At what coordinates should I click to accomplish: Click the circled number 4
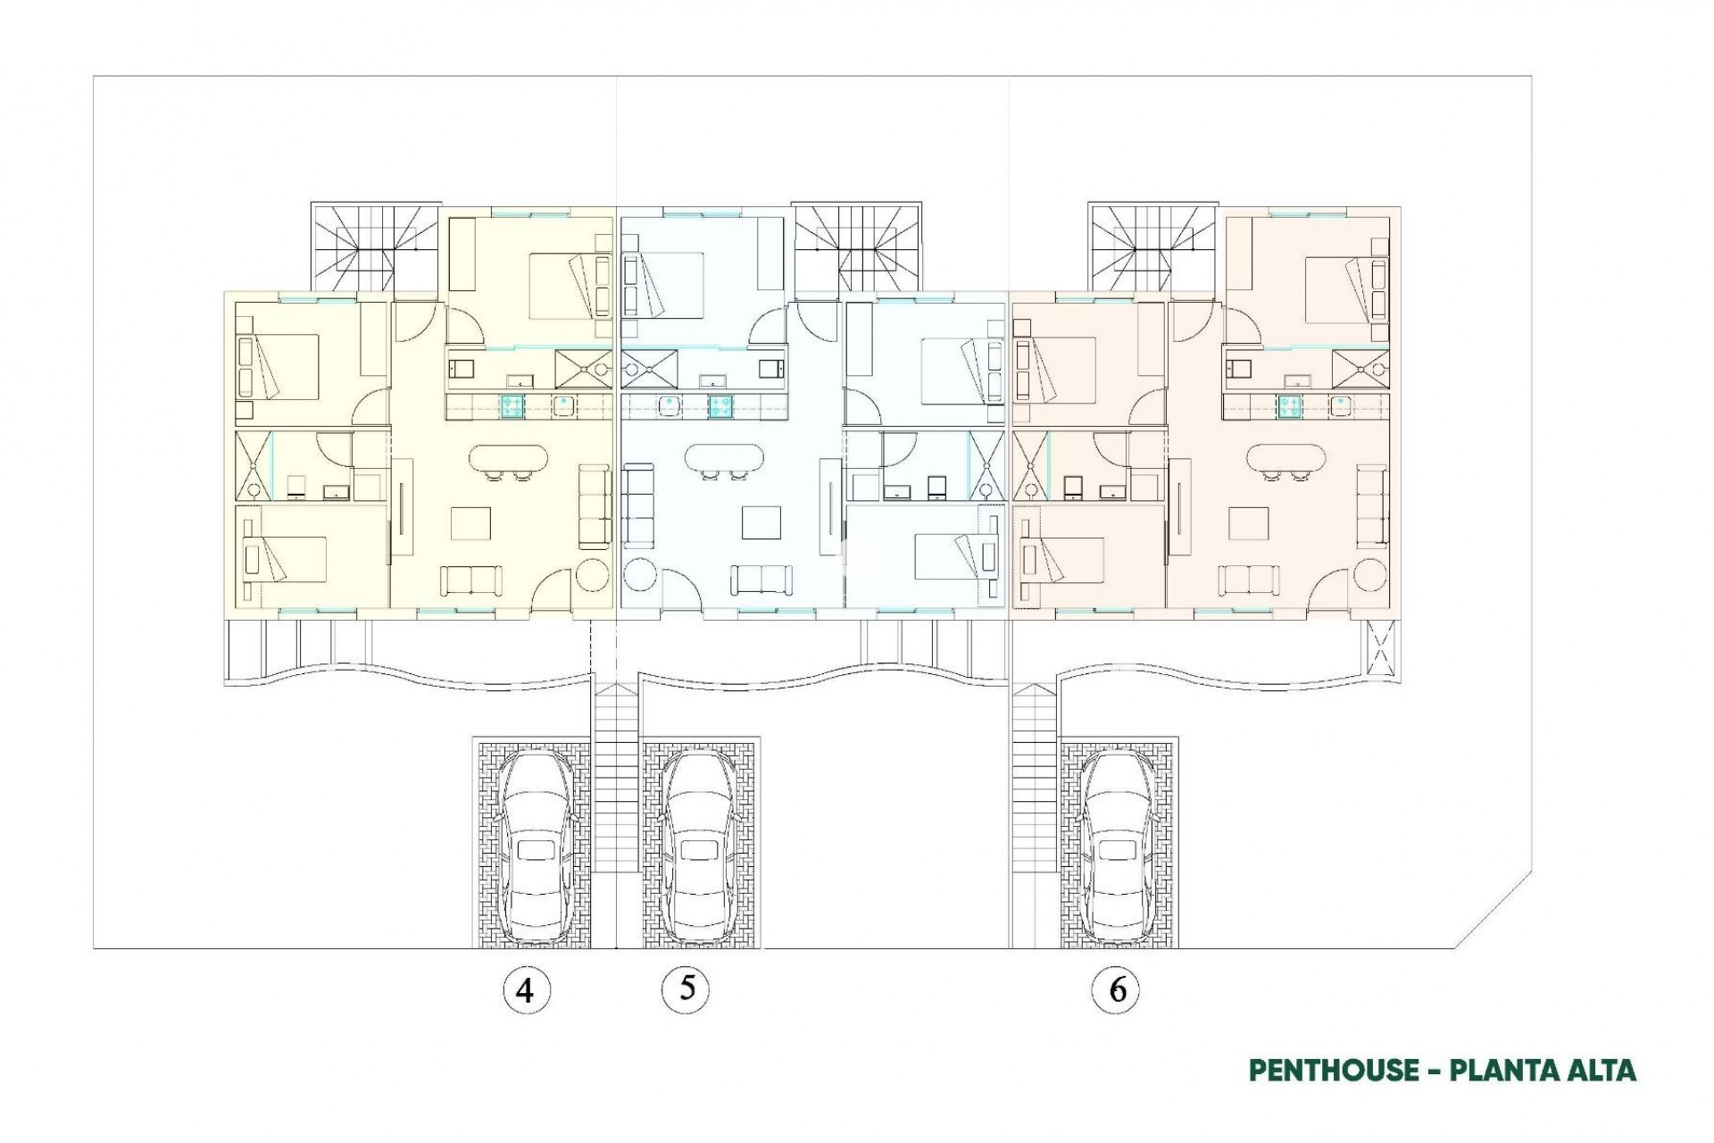pos(525,989)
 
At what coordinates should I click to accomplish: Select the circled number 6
pos(1116,989)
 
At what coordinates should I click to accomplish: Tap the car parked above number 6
pos(1117,844)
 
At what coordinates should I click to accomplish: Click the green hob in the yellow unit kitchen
pos(512,406)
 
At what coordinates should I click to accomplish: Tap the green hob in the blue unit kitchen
pos(720,406)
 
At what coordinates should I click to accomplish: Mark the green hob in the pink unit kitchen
pos(1289,406)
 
